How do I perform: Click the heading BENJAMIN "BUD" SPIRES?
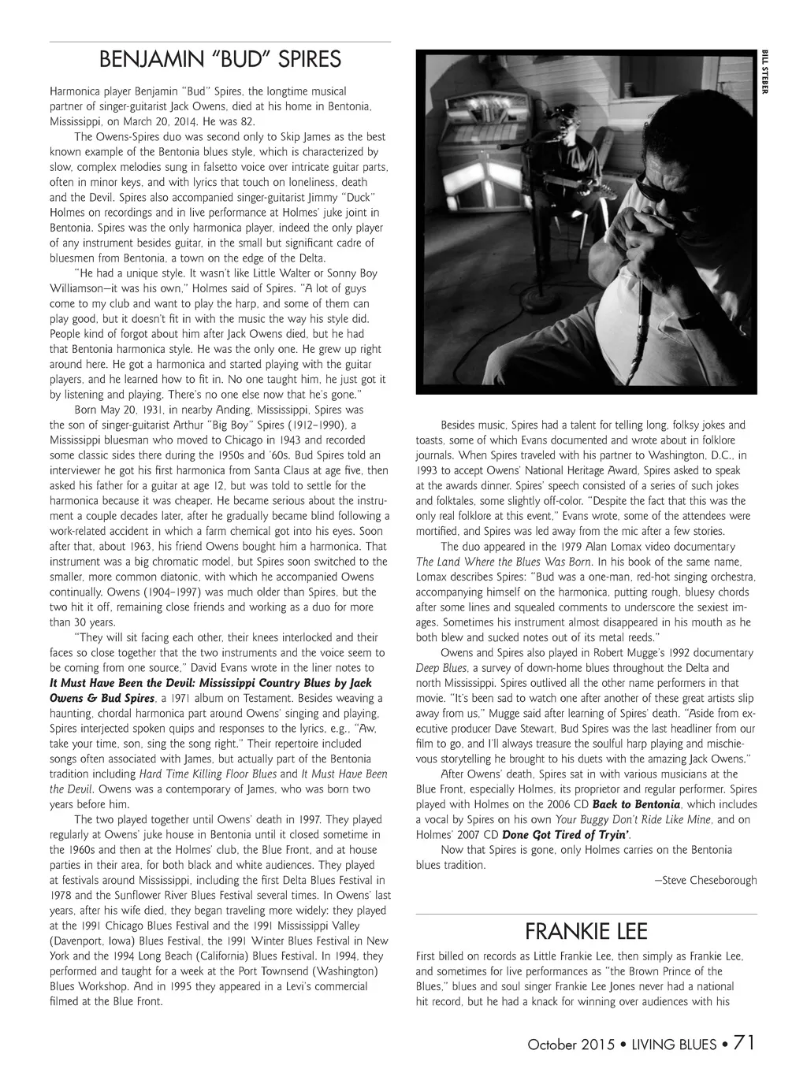click(x=220, y=60)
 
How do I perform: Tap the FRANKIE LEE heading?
click(x=586, y=932)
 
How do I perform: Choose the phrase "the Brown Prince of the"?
click(x=663, y=971)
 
